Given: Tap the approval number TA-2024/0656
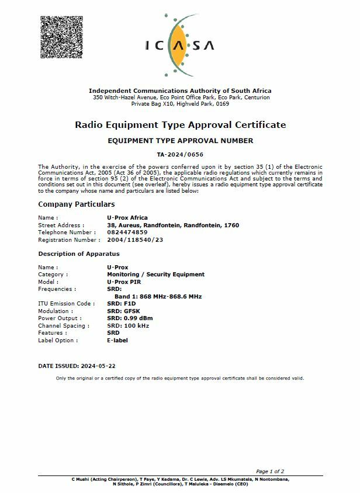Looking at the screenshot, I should [179, 154].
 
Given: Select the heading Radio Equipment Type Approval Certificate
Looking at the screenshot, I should [180, 124].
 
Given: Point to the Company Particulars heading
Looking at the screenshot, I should [76, 204].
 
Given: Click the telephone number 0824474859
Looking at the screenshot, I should [127, 232].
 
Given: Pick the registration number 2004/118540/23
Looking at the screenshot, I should [135, 240].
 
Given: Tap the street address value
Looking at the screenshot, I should [173, 225].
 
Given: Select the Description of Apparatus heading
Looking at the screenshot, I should [78, 254].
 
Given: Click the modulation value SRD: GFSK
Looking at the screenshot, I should [123, 311].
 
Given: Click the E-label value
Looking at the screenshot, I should [117, 341].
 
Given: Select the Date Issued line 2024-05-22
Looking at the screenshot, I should [77, 366].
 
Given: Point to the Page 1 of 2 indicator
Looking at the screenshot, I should [270, 471].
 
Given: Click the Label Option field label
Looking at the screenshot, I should [58, 341].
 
